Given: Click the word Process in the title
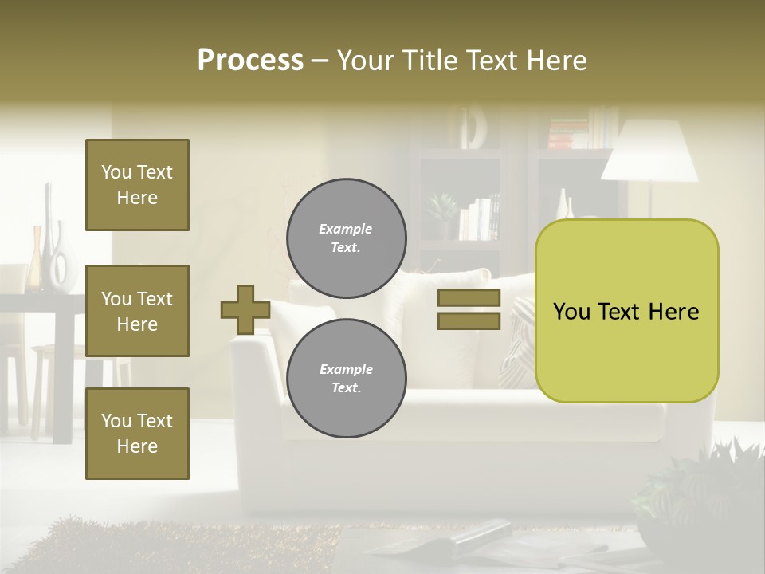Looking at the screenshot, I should (x=250, y=61).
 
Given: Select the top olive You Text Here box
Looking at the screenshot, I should (x=137, y=185).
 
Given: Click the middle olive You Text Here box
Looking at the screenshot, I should (x=137, y=311).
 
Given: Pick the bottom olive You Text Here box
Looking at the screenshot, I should (x=137, y=434).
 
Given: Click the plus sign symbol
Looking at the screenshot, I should (x=245, y=309).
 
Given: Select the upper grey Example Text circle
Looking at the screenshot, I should (x=347, y=238).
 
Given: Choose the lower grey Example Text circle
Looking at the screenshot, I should (x=347, y=379).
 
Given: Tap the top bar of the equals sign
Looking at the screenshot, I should (x=469, y=298).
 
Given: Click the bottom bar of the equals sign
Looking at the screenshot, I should (x=469, y=320).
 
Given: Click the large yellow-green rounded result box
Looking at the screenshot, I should (x=626, y=311).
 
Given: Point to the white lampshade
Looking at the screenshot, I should (x=649, y=151).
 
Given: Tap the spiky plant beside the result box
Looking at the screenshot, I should (x=701, y=486).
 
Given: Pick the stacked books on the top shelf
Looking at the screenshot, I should (x=567, y=132).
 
